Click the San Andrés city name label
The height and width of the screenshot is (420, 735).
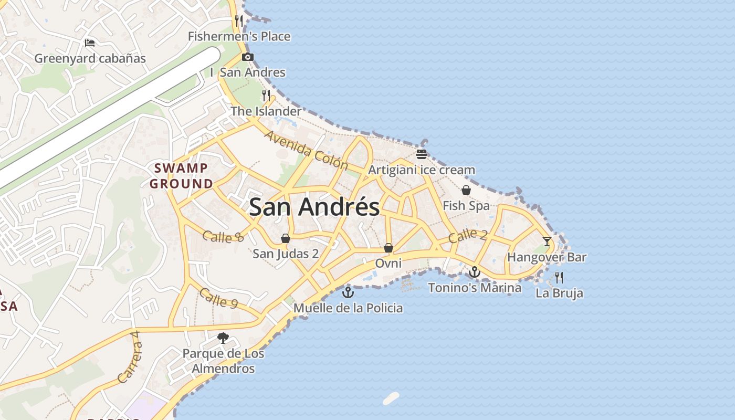pyautogui.click(x=314, y=207)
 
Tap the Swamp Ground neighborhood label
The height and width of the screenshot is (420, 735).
pyautogui.click(x=181, y=176)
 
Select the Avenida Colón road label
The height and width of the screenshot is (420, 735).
pyautogui.click(x=306, y=150)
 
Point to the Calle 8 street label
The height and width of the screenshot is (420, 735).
pyautogui.click(x=223, y=237)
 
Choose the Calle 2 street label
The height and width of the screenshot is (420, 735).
pyautogui.click(x=468, y=236)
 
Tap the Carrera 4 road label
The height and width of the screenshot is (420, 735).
pyautogui.click(x=130, y=357)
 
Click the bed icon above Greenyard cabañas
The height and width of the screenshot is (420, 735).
pyautogui.click(x=90, y=43)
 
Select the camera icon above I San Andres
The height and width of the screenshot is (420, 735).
pyautogui.click(x=248, y=57)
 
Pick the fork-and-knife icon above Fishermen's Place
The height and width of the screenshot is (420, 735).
pyautogui.click(x=239, y=21)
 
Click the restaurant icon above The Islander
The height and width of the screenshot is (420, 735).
pyautogui.click(x=266, y=96)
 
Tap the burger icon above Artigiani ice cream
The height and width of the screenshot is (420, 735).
pyautogui.click(x=421, y=154)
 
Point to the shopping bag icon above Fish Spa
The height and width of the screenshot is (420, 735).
pyautogui.click(x=466, y=190)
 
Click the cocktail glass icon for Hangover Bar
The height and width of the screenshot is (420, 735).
pyautogui.click(x=547, y=241)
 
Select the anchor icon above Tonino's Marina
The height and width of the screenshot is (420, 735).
pyautogui.click(x=475, y=272)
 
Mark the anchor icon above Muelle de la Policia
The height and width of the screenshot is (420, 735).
pyautogui.click(x=348, y=292)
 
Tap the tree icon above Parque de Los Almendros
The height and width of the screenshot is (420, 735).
pyautogui.click(x=223, y=338)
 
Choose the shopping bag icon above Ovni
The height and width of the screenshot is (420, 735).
pyautogui.click(x=388, y=247)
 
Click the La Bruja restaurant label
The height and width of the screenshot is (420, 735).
pyautogui.click(x=559, y=293)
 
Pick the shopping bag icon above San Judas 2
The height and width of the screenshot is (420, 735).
pyautogui.click(x=286, y=238)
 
